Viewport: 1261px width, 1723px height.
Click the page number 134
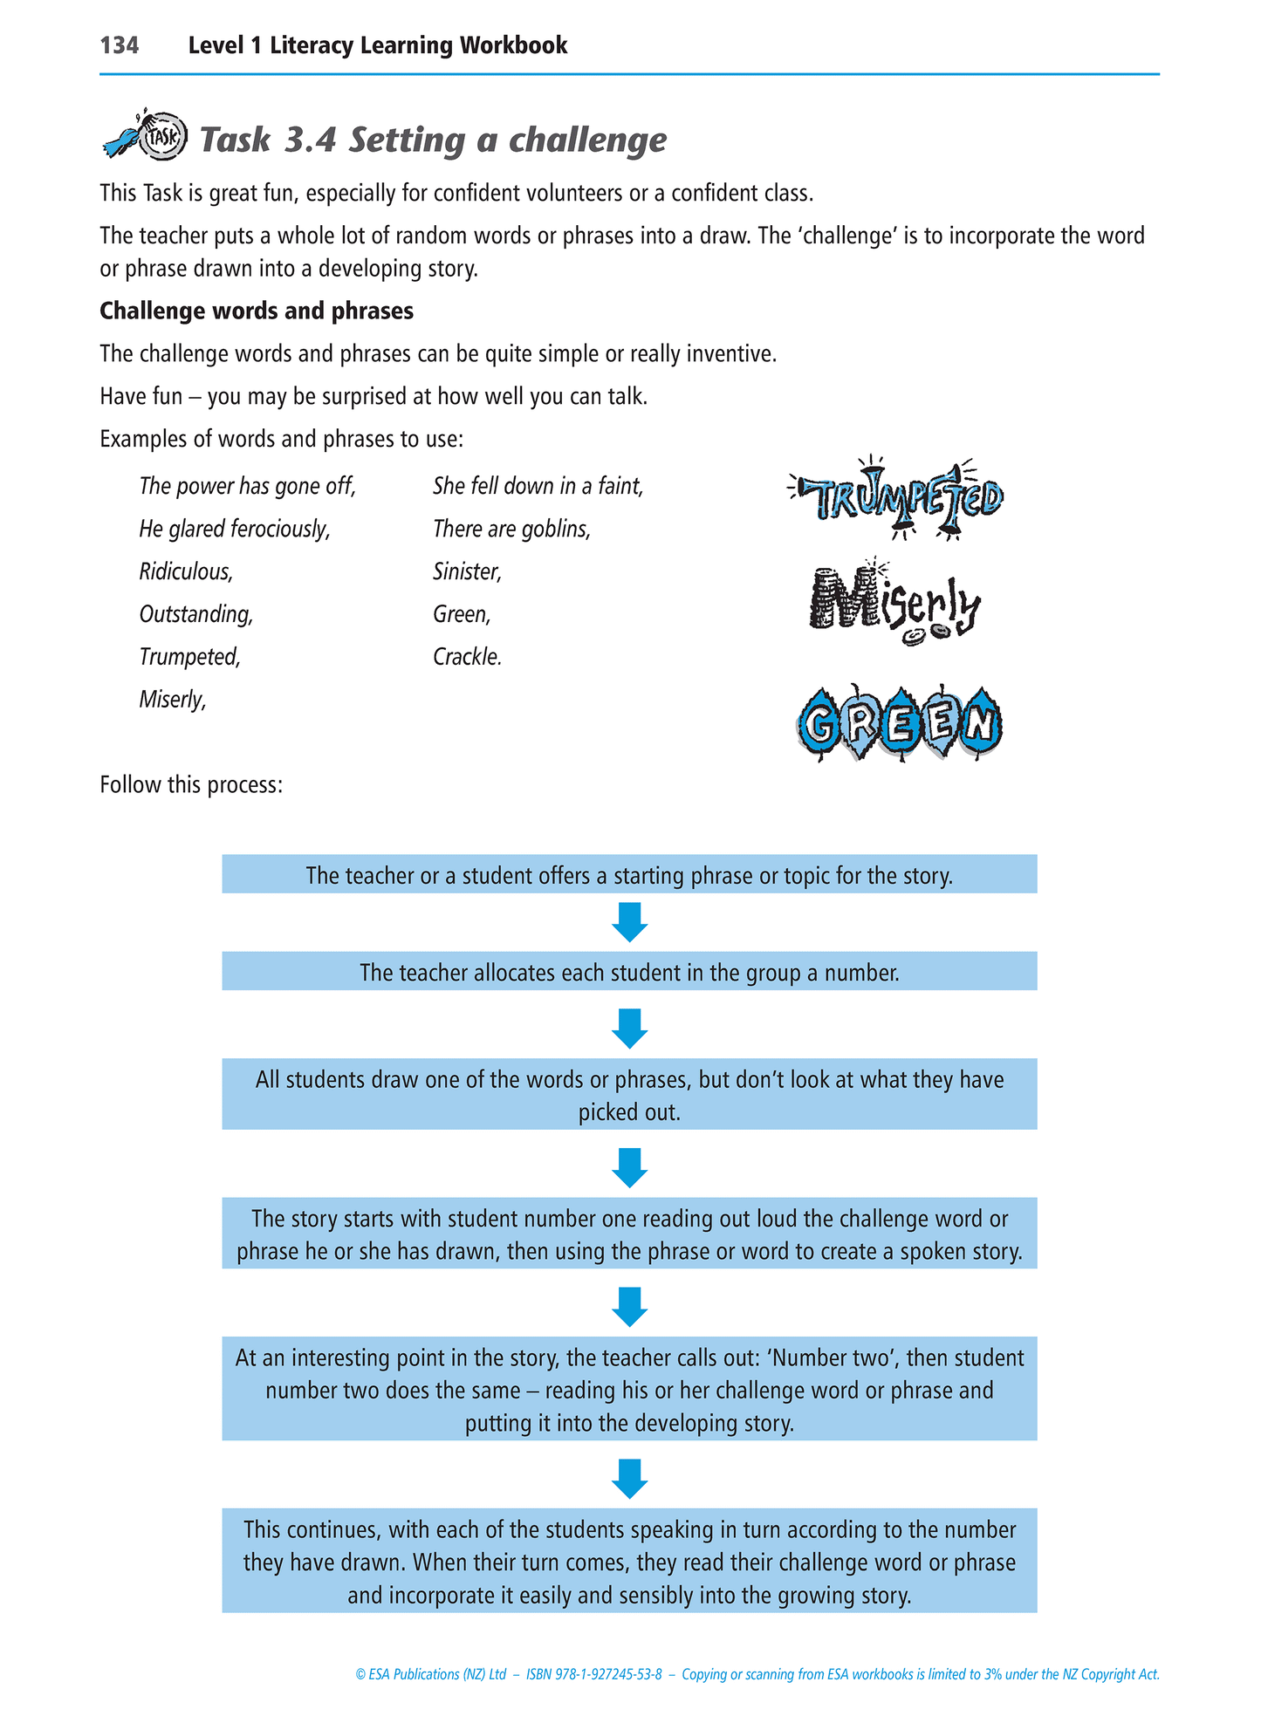[x=120, y=45]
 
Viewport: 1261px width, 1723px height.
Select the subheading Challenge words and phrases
[x=257, y=311]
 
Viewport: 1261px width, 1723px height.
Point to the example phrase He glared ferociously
[x=235, y=529]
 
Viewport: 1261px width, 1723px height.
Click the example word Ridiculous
[x=186, y=571]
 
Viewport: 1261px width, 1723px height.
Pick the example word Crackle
[x=467, y=657]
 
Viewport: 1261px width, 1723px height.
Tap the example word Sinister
[x=467, y=571]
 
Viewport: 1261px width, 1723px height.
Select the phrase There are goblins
[x=511, y=529]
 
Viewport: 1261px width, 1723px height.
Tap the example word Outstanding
[x=196, y=614]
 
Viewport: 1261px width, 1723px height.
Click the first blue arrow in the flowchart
[x=629, y=922]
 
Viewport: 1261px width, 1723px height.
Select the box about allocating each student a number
[x=629, y=972]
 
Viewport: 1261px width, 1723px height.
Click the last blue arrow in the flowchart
[x=629, y=1478]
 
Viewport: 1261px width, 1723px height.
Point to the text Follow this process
[x=191, y=785]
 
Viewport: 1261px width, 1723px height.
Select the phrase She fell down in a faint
[x=538, y=486]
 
